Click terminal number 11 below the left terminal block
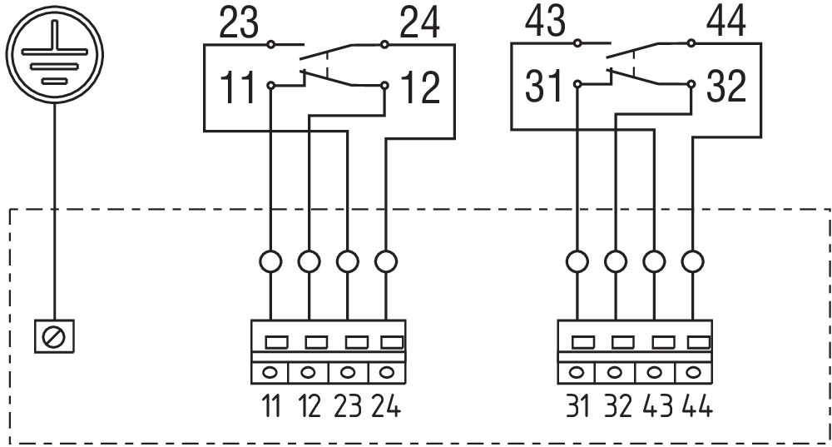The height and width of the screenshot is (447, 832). (270, 408)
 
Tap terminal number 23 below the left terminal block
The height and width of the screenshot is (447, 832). (348, 408)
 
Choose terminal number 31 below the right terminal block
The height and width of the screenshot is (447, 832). (577, 408)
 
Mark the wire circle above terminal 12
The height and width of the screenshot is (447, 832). (309, 261)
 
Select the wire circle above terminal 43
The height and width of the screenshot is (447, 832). (654, 261)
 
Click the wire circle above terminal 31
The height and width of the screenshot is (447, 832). (577, 261)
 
